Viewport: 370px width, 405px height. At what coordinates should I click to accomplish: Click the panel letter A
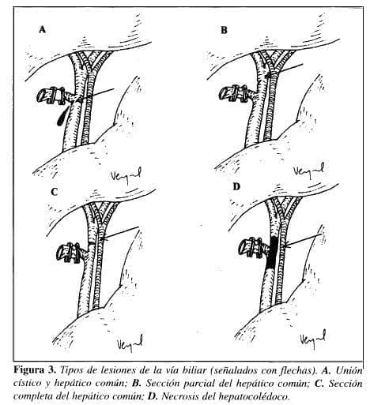(x=42, y=29)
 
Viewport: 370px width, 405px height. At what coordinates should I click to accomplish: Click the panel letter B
(x=224, y=30)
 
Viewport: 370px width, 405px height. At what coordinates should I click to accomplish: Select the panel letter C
(x=54, y=192)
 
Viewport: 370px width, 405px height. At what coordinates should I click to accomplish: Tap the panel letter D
(x=236, y=187)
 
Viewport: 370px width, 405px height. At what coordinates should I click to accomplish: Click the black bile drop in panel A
(x=62, y=116)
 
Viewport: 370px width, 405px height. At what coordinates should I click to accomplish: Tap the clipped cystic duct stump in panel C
(x=72, y=253)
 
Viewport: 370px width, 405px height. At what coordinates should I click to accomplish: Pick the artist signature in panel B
(x=309, y=171)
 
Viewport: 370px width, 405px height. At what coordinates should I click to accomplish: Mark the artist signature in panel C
(x=130, y=343)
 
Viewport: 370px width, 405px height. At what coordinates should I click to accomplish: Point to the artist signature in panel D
(x=313, y=339)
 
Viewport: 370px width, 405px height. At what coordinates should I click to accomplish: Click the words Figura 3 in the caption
(x=35, y=370)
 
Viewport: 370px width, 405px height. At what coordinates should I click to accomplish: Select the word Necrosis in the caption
(x=179, y=396)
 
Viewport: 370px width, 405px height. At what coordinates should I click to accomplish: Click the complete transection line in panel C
(x=92, y=243)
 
